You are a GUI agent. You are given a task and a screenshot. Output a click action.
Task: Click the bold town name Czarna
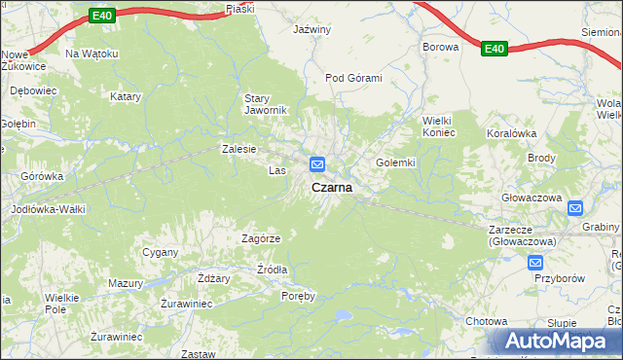point(332,186)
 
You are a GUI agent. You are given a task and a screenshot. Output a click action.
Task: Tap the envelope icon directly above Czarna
point(317,163)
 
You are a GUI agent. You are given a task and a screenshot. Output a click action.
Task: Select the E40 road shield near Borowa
point(494,49)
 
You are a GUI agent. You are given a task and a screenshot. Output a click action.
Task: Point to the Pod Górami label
point(353,78)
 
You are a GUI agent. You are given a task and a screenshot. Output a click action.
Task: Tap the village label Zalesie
point(238,149)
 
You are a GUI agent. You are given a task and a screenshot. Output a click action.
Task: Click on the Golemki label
point(395,162)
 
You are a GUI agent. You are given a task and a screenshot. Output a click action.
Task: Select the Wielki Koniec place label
point(438,126)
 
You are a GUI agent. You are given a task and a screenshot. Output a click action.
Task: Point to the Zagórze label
point(261,238)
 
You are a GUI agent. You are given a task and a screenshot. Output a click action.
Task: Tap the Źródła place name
point(272,270)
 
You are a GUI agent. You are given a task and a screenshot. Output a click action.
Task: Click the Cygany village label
point(161,252)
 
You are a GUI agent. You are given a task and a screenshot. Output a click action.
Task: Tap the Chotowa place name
point(487,321)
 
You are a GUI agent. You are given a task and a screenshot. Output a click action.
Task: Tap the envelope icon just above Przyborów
point(535,263)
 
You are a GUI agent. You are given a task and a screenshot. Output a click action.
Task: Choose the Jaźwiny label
point(312,30)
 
